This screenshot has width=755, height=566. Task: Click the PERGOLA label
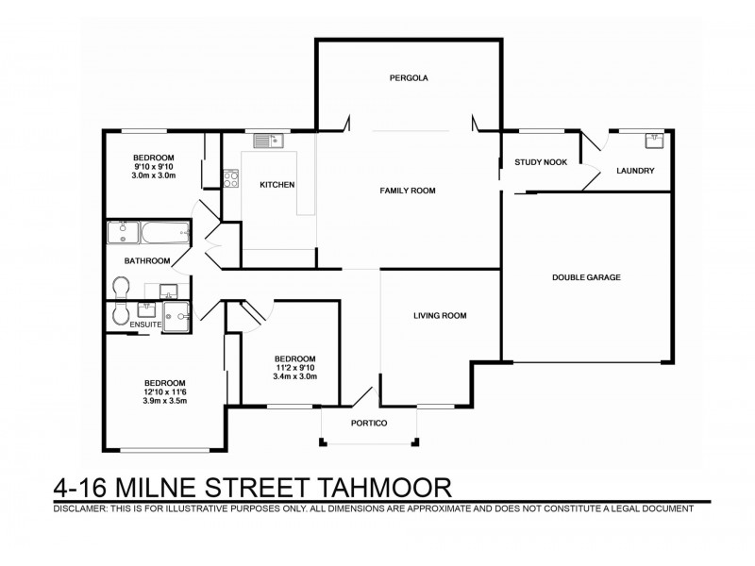click(x=409, y=78)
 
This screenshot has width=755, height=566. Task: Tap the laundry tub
click(x=655, y=141)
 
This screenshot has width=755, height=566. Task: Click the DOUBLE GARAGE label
click(x=586, y=277)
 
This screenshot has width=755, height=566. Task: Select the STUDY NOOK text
click(x=541, y=162)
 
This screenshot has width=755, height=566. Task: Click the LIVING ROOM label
click(x=441, y=316)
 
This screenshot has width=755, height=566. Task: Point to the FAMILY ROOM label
click(x=407, y=191)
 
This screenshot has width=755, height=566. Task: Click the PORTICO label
click(x=369, y=423)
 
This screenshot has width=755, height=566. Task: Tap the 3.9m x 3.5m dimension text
click(x=166, y=401)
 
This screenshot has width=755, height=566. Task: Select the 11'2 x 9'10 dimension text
click(x=294, y=368)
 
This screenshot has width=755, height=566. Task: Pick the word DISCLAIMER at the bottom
click(x=78, y=508)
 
